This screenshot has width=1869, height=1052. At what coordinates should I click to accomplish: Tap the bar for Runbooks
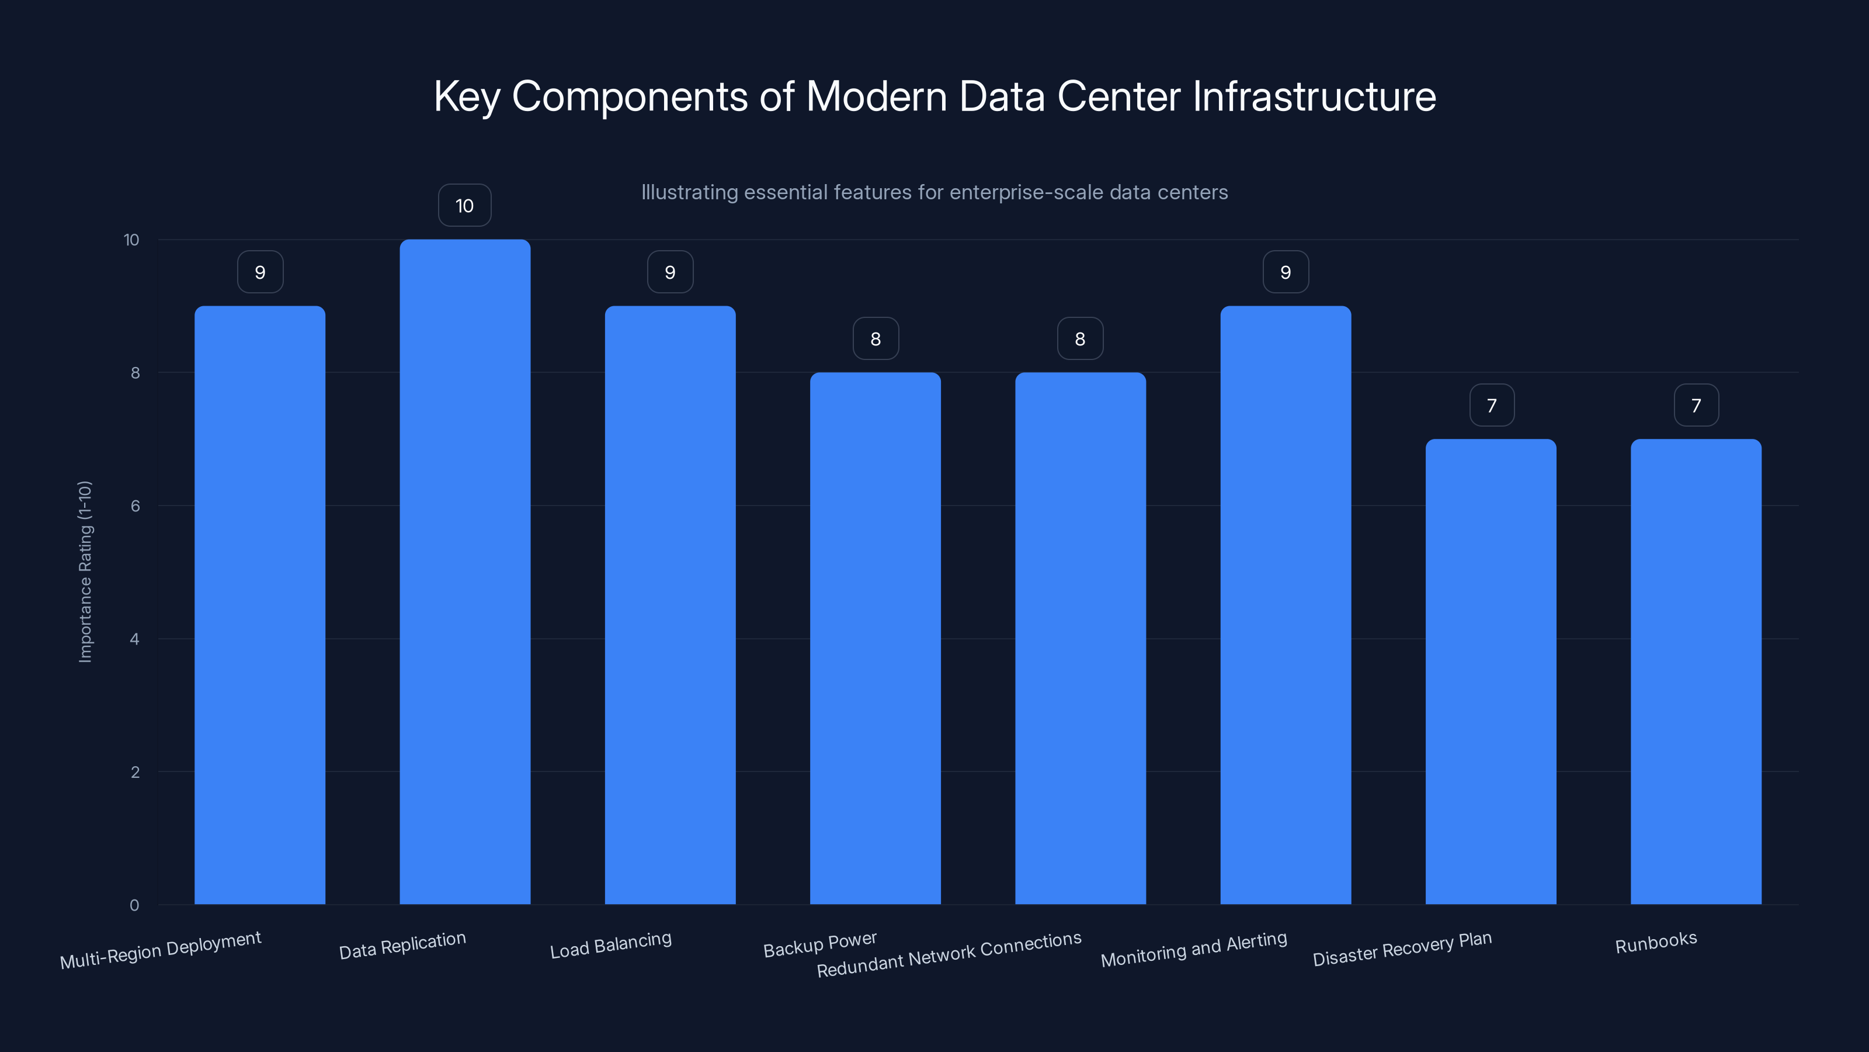[x=1696, y=672]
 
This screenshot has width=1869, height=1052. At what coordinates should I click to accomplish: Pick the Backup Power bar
[x=875, y=638]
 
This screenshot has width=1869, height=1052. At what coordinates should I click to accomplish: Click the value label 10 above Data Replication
[x=464, y=206]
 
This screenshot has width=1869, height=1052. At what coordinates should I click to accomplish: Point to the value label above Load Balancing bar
[x=670, y=272]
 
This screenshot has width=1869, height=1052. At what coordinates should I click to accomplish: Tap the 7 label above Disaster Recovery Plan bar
[x=1491, y=405]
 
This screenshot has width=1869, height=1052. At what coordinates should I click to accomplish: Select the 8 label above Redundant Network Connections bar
[x=1079, y=339]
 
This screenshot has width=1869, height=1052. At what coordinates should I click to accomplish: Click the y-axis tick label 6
[x=135, y=506]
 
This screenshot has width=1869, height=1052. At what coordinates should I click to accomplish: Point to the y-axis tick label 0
[x=134, y=905]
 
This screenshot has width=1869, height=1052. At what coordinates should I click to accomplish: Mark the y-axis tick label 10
[x=131, y=240]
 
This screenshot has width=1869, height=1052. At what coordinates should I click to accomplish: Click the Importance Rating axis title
[x=85, y=572]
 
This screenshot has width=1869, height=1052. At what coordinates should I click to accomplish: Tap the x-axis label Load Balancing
[x=610, y=945]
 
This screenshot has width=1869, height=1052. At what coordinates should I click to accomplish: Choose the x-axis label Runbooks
[x=1656, y=942]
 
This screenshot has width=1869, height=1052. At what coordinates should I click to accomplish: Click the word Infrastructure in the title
[x=1314, y=96]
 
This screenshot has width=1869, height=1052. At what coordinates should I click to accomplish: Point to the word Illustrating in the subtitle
[x=689, y=192]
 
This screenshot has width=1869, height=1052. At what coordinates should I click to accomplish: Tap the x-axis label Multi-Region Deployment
[x=161, y=950]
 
